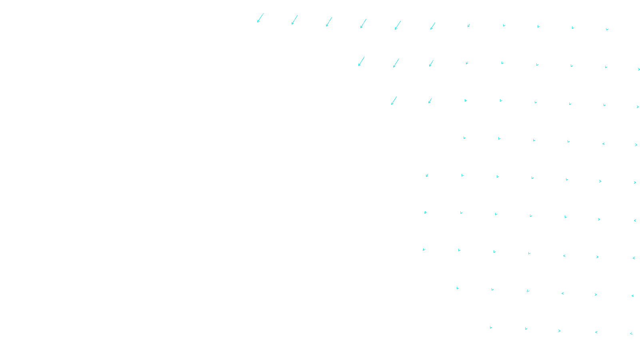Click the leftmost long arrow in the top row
click(x=260, y=18)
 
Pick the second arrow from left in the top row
click(x=294, y=20)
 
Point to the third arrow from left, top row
click(x=329, y=22)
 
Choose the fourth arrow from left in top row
click(x=363, y=24)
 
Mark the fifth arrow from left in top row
click(x=398, y=25)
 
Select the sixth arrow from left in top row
click(x=432, y=26)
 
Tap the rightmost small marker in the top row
click(x=607, y=29)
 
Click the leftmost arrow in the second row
click(x=361, y=61)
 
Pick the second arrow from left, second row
click(x=396, y=63)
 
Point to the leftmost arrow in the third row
click(x=394, y=100)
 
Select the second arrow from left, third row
click(x=430, y=101)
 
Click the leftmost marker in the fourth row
click(x=464, y=138)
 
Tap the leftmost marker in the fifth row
click(x=427, y=175)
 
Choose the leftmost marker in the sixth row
click(x=425, y=212)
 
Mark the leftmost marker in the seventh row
click(x=424, y=250)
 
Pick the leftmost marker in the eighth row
click(x=458, y=288)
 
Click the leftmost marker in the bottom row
click(x=491, y=328)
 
